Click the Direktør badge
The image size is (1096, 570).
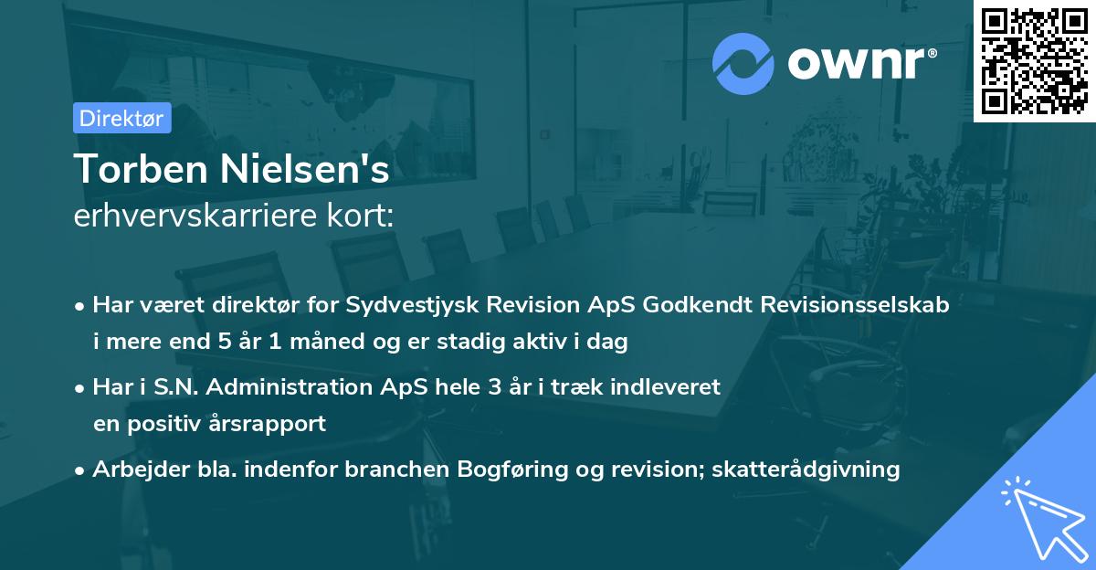click(121, 118)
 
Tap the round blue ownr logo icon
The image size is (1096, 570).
click(743, 64)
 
